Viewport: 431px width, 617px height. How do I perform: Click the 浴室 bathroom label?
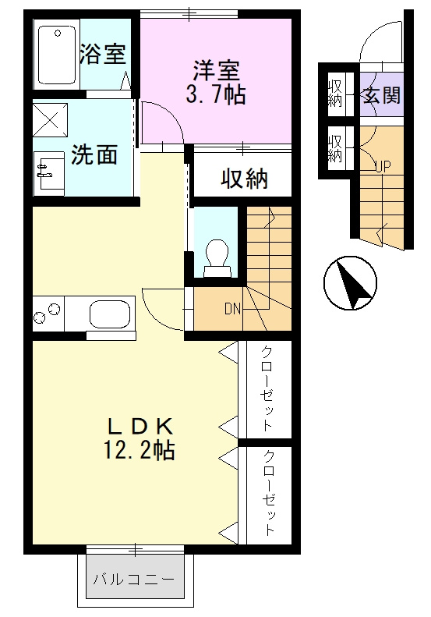click(103, 54)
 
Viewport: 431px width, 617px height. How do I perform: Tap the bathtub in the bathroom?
click(56, 54)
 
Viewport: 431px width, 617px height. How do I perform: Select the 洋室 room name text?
click(216, 69)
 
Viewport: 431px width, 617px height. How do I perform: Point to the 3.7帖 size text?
click(216, 95)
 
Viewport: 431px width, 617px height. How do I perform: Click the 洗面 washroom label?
click(94, 154)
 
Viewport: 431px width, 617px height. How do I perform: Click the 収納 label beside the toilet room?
click(243, 178)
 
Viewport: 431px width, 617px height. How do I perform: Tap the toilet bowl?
click(217, 255)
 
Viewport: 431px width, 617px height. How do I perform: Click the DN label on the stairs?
click(232, 308)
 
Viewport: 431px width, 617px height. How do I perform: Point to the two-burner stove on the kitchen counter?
click(48, 314)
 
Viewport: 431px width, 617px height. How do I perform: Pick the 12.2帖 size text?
click(140, 451)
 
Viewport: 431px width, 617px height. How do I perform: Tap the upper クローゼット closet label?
click(267, 388)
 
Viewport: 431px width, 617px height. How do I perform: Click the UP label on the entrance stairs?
click(383, 165)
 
